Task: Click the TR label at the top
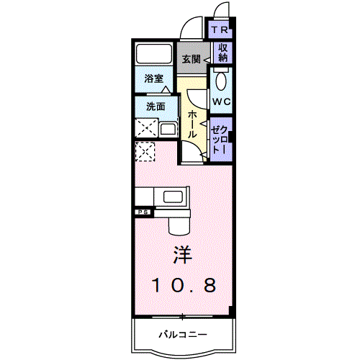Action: (220, 31)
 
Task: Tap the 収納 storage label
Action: (222, 53)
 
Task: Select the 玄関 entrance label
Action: (191, 58)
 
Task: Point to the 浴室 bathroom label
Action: (153, 78)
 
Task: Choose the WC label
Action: (220, 102)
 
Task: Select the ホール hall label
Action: (193, 125)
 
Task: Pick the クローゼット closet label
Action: (220, 137)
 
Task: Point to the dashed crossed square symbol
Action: (146, 152)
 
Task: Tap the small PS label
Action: (143, 212)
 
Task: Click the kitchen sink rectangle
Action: (175, 197)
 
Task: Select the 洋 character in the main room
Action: (182, 255)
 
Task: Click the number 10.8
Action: (183, 285)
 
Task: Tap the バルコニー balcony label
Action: (183, 335)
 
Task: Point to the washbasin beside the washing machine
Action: (168, 130)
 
